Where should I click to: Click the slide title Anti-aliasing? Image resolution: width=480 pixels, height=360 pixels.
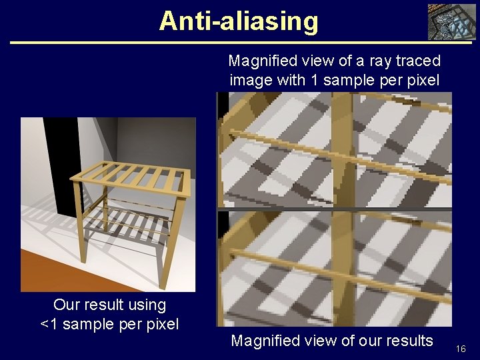239,21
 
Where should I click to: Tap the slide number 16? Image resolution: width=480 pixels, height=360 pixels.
461,349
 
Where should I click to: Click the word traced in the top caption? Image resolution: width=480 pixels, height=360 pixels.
417,61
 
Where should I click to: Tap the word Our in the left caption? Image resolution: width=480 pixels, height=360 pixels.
66,305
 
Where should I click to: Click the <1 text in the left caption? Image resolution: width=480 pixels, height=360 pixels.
49,325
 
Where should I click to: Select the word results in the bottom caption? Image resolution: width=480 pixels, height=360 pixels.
407,341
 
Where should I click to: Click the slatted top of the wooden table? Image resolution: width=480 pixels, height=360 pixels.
131,175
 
